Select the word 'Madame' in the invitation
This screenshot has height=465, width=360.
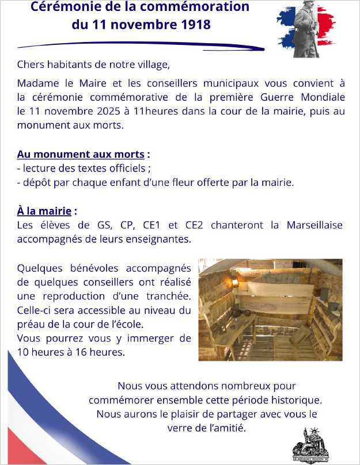click(x=38, y=83)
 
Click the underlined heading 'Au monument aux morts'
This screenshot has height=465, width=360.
click(x=80, y=155)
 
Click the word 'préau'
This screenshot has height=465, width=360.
click(x=32, y=323)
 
